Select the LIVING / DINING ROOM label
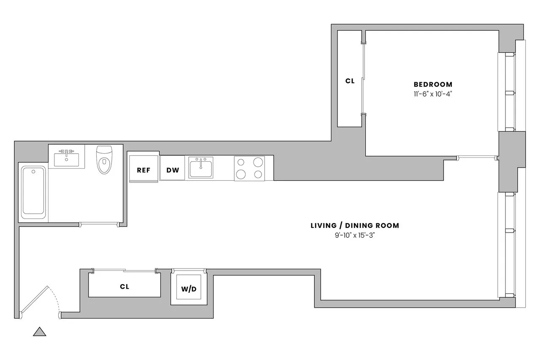(x=354, y=225)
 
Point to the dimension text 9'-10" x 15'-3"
(x=354, y=235)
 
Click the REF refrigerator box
(x=143, y=170)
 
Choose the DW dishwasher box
(x=173, y=170)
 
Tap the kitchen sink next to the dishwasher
(x=200, y=168)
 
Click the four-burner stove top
(x=249, y=168)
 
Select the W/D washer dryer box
(x=189, y=289)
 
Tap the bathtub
(x=33, y=192)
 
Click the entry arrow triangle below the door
(x=39, y=332)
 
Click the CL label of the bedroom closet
(x=350, y=81)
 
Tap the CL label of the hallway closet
(x=124, y=287)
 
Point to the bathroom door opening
(x=99, y=223)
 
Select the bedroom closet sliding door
(x=364, y=79)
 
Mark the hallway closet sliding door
(x=124, y=271)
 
